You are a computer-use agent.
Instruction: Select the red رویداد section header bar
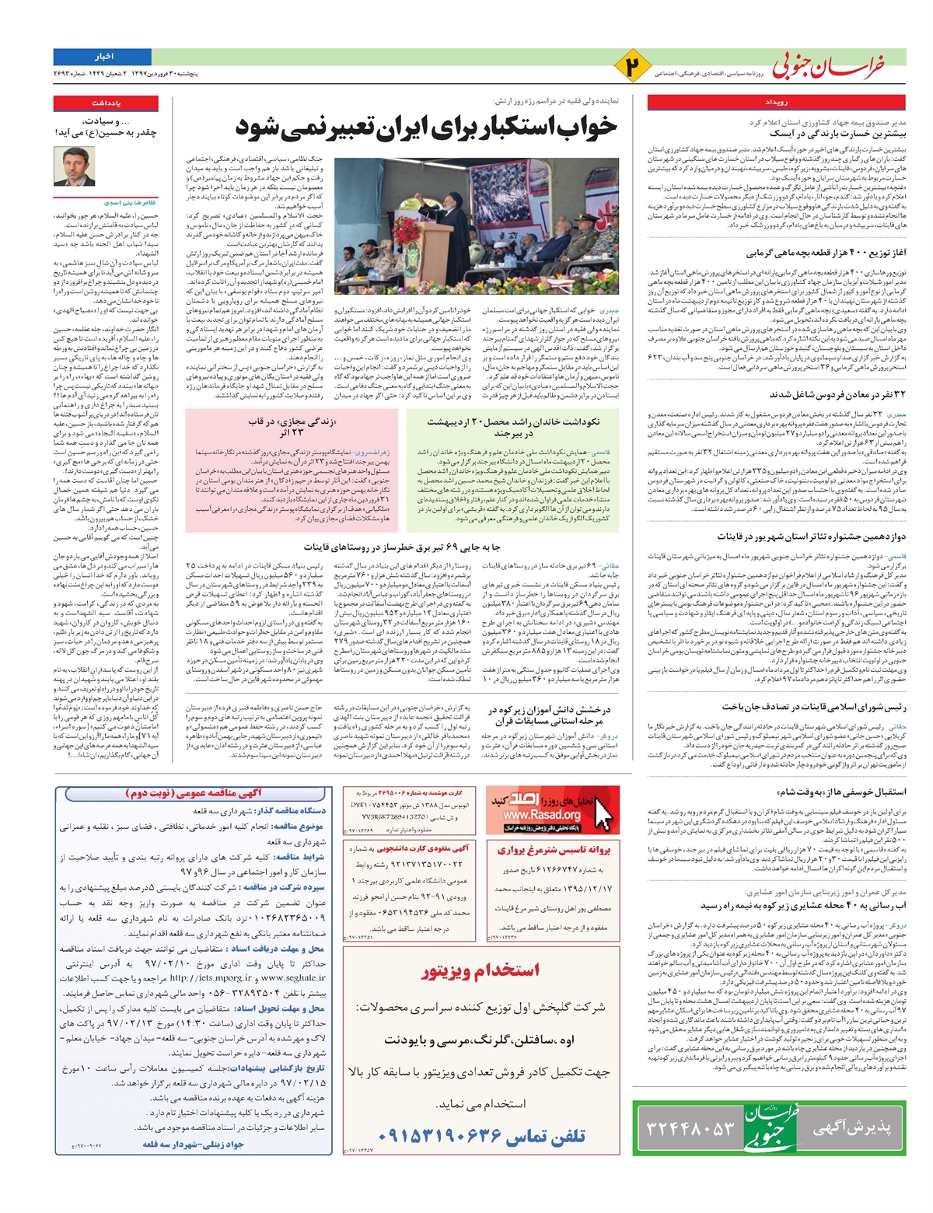coord(776,103)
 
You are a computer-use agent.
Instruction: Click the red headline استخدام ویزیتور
coord(480,970)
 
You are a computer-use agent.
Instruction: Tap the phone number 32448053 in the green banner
coord(690,1127)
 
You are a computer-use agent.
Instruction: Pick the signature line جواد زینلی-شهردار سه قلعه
coord(194,1144)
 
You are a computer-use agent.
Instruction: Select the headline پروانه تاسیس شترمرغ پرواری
coord(554,850)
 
